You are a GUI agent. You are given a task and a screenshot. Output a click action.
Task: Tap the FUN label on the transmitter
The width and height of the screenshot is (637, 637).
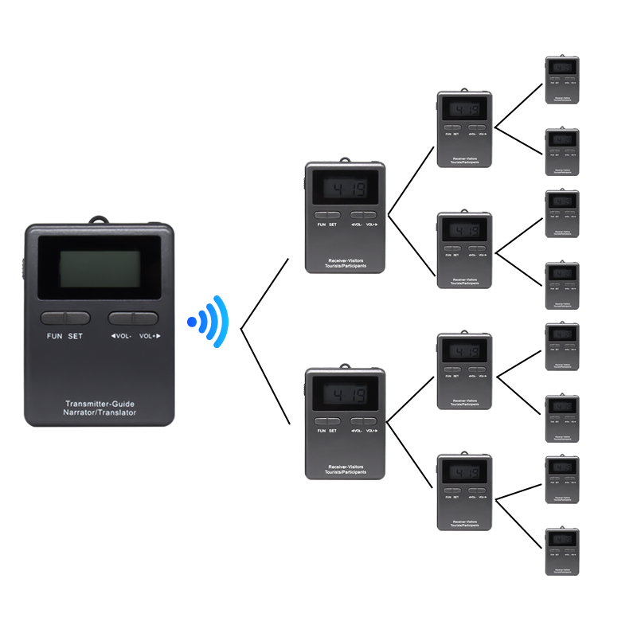pyautogui.click(x=54, y=336)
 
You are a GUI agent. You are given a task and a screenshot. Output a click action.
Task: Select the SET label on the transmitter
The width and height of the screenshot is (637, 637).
pyautogui.click(x=76, y=336)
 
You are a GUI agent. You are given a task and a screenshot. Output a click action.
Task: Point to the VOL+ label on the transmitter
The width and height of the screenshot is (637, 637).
pyautogui.click(x=150, y=336)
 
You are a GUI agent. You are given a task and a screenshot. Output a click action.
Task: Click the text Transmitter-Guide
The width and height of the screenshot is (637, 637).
pyautogui.click(x=100, y=403)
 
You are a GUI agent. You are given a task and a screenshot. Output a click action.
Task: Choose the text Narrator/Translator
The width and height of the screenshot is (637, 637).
pyautogui.click(x=100, y=412)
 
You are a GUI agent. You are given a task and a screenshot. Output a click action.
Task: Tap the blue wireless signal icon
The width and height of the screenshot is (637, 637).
pyautogui.click(x=209, y=322)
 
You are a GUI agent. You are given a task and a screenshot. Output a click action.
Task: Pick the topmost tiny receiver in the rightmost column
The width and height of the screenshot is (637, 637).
pyautogui.click(x=562, y=80)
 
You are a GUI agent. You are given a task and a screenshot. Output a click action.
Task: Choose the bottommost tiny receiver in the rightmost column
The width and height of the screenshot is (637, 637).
pyautogui.click(x=562, y=551)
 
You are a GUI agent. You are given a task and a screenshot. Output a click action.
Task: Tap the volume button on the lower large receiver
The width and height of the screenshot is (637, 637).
pyautogui.click(x=363, y=420)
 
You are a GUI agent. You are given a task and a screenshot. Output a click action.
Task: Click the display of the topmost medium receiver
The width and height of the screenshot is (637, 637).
pyautogui.click(x=464, y=109)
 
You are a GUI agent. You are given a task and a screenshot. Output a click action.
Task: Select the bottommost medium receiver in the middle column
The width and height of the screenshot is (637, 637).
pyautogui.click(x=464, y=492)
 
